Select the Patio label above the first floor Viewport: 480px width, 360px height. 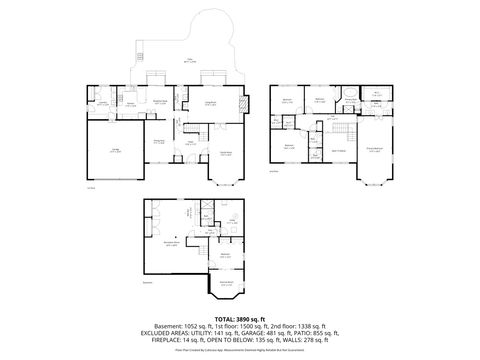click(x=187, y=61)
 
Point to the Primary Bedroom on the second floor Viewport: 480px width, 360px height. click(x=375, y=151)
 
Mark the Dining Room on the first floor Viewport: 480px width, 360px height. click(x=158, y=144)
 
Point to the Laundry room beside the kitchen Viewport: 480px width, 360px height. click(x=102, y=103)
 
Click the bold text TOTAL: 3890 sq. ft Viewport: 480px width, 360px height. click(x=239, y=318)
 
